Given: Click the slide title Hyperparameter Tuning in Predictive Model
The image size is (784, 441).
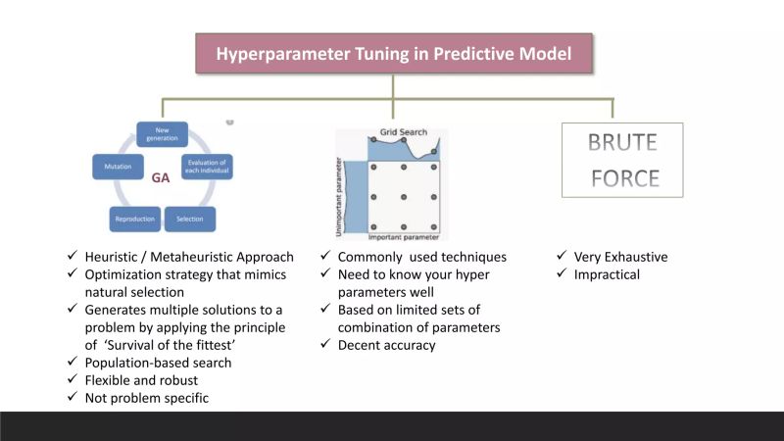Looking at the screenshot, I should tap(393, 53).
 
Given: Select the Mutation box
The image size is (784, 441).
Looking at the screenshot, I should tap(112, 168).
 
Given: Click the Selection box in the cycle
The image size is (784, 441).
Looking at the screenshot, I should tap(190, 219).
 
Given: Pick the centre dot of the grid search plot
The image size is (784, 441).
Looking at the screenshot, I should tap(403, 196).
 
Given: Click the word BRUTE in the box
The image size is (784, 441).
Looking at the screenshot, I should tap(623, 143).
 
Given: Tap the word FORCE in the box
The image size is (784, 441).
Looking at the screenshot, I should tap(623, 178).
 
